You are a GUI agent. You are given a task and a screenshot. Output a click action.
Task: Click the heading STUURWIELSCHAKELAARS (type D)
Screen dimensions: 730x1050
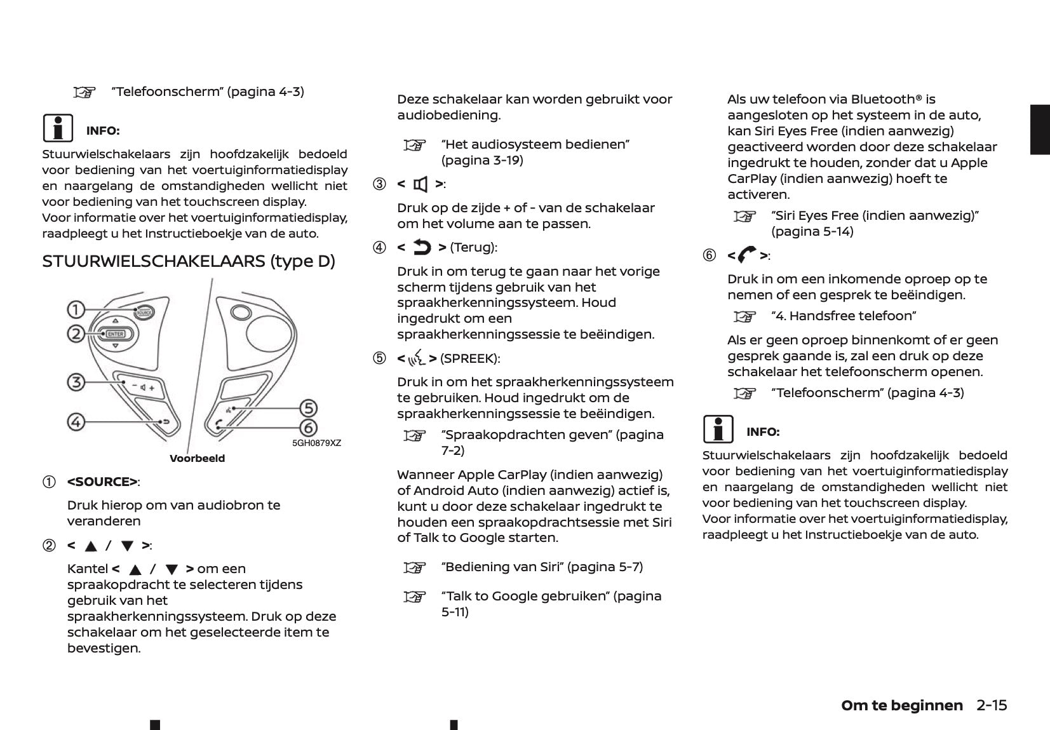pyautogui.click(x=188, y=261)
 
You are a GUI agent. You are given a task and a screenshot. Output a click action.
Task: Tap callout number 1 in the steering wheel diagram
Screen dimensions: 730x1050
pyautogui.click(x=76, y=310)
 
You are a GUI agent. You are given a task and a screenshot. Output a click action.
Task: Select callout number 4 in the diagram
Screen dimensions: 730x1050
pyautogui.click(x=76, y=421)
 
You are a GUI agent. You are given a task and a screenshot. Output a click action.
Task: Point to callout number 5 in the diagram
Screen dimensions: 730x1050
pyautogui.click(x=308, y=408)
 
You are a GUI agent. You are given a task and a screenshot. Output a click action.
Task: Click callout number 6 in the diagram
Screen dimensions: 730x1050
pyautogui.click(x=308, y=428)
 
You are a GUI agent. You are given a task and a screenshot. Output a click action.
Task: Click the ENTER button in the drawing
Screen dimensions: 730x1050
pyautogui.click(x=115, y=334)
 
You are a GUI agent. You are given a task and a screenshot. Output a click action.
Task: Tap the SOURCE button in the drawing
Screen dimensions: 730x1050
pyautogui.click(x=144, y=311)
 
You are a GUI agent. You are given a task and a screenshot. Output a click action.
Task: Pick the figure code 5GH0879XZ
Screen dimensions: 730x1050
pyautogui.click(x=316, y=443)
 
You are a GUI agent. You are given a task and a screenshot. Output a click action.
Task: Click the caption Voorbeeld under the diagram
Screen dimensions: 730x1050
pyautogui.click(x=197, y=458)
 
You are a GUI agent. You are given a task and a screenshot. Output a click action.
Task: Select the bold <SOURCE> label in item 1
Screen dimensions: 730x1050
pyautogui.click(x=102, y=482)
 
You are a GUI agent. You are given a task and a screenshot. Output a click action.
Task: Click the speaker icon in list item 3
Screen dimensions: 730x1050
pyautogui.click(x=421, y=185)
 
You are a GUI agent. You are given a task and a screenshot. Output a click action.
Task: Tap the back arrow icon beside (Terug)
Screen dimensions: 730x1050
pyautogui.click(x=422, y=247)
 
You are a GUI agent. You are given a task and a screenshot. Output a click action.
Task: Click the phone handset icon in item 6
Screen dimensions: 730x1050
pyautogui.click(x=748, y=255)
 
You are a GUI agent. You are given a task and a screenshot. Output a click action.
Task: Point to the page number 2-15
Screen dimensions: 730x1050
pyautogui.click(x=992, y=705)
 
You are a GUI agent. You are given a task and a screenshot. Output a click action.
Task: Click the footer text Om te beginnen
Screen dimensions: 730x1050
pyautogui.click(x=901, y=705)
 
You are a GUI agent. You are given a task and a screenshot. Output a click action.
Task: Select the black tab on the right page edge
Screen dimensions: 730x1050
pyautogui.click(x=1040, y=130)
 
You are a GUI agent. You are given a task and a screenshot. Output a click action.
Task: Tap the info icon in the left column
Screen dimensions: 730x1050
pyautogui.click(x=58, y=128)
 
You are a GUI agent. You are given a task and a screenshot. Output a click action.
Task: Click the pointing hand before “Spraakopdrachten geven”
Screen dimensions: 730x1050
pyautogui.click(x=415, y=436)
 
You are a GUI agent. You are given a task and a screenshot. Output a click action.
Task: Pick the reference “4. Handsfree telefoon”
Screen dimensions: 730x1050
pyautogui.click(x=843, y=316)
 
